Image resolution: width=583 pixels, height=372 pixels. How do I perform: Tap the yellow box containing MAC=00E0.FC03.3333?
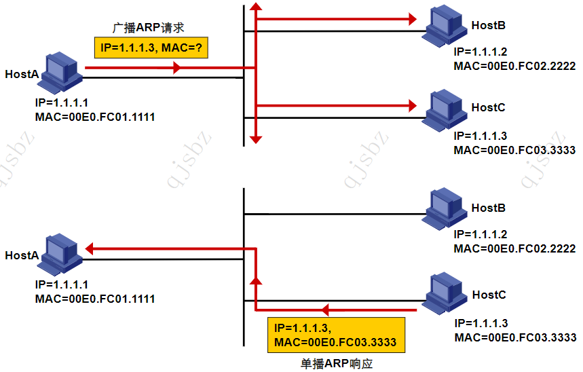click(x=335, y=335)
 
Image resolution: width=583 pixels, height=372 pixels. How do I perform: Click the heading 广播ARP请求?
click(x=148, y=27)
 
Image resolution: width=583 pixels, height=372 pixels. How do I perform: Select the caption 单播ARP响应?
click(x=337, y=363)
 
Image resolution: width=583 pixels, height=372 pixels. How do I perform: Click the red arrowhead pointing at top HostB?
click(x=411, y=19)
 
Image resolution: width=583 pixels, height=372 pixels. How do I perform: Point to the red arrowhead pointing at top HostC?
click(x=411, y=105)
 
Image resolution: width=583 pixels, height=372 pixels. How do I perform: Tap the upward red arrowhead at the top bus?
click(x=255, y=7)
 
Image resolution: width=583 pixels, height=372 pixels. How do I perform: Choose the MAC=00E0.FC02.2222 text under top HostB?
click(x=514, y=66)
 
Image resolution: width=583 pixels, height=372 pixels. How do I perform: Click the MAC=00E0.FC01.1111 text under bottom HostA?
click(x=94, y=299)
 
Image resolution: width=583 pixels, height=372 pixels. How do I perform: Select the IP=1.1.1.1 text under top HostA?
click(x=61, y=104)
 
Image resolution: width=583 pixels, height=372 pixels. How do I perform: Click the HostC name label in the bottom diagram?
click(x=489, y=295)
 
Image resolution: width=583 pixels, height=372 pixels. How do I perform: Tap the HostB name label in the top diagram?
click(x=489, y=26)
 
